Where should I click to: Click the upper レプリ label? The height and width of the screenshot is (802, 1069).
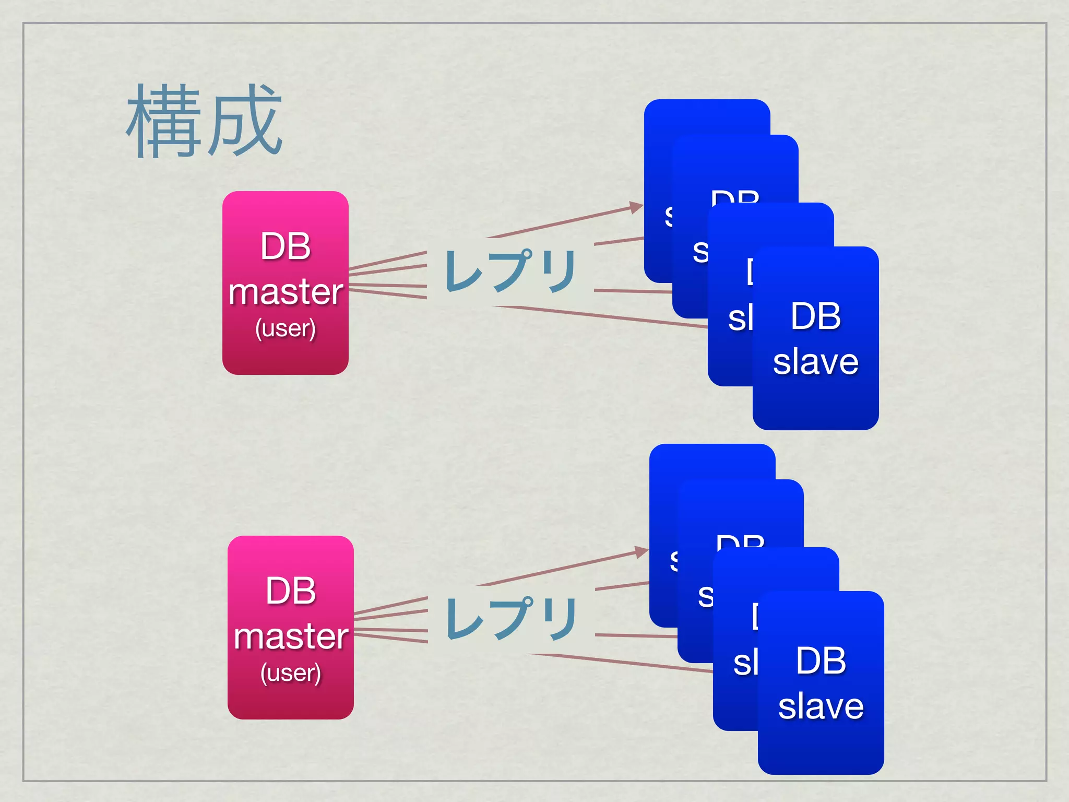pyautogui.click(x=510, y=270)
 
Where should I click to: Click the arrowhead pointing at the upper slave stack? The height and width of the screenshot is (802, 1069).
pyautogui.click(x=636, y=207)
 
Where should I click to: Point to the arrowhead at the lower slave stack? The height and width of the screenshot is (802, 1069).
pyautogui.click(x=642, y=552)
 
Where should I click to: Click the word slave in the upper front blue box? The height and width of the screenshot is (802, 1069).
pyautogui.click(x=816, y=362)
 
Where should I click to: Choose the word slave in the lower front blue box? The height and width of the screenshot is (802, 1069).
pyautogui.click(x=821, y=706)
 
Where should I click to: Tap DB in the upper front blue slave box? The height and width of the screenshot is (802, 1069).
pyautogui.click(x=816, y=316)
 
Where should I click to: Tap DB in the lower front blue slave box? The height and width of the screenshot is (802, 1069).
pyautogui.click(x=821, y=661)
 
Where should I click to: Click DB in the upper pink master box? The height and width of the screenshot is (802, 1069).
pyautogui.click(x=286, y=246)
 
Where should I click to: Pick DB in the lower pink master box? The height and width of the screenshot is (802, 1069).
pyautogui.click(x=291, y=591)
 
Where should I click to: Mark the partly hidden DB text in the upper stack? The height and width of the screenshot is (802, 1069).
pyautogui.click(x=735, y=197)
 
